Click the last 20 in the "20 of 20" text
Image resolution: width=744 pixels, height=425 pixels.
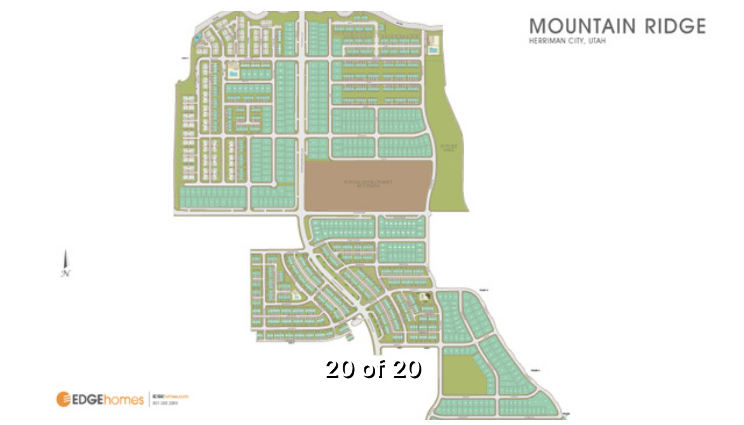(407, 368)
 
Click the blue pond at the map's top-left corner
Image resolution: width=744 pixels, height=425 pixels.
(196, 37)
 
